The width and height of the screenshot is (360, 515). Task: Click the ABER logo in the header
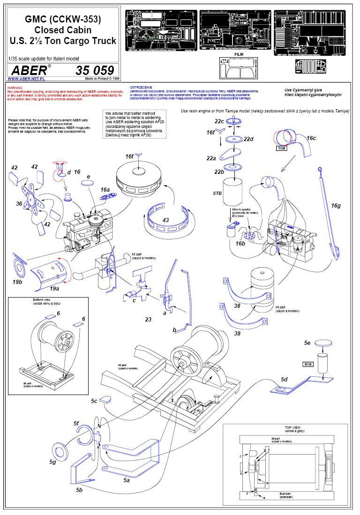(29, 70)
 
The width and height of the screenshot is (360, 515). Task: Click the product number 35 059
(94, 70)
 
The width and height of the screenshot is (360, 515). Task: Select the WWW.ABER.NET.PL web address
(22, 79)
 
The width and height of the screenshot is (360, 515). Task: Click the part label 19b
(17, 282)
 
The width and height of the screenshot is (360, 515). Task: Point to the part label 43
(165, 220)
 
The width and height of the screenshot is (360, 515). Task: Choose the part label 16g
(336, 205)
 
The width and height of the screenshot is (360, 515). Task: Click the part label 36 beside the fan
(19, 203)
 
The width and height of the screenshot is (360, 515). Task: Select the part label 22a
(211, 159)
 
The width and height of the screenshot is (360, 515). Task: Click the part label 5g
(52, 462)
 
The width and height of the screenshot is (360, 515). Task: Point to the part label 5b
(79, 490)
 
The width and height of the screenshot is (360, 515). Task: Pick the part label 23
(148, 319)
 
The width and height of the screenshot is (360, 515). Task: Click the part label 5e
(307, 343)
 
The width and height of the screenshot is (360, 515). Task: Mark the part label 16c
(311, 138)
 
